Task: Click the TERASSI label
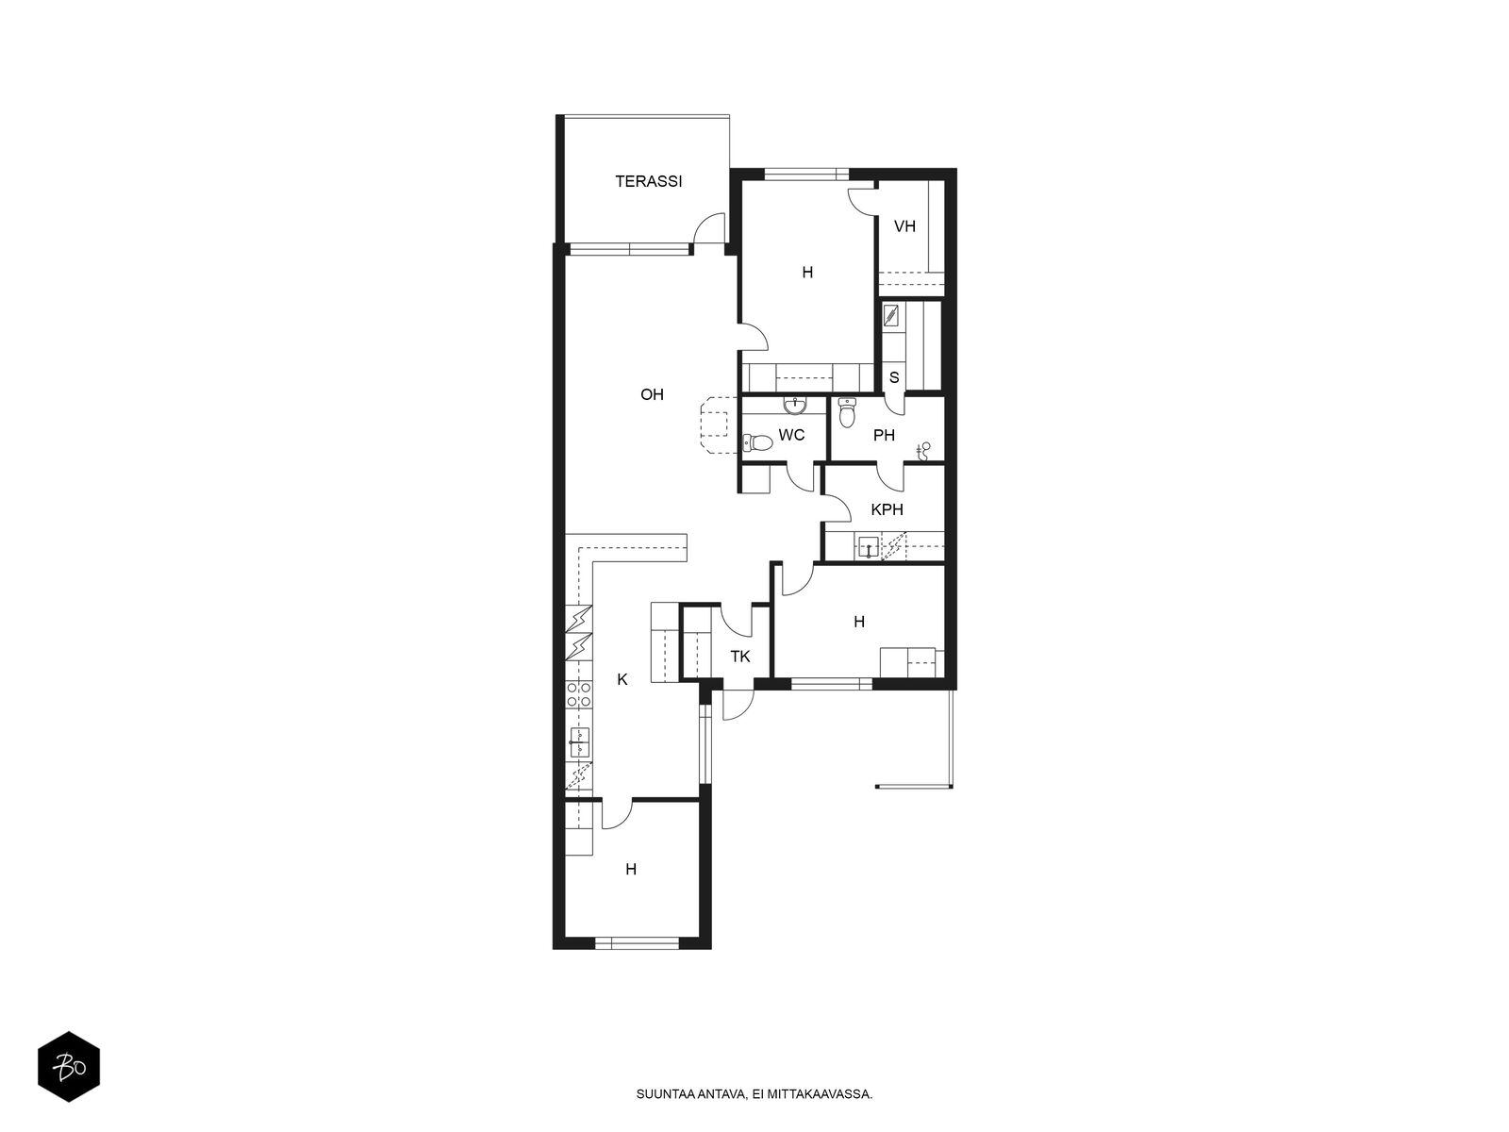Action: [648, 181]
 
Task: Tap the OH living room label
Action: [652, 394]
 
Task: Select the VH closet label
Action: [904, 226]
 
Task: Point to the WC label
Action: [791, 435]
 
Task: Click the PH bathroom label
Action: [884, 435]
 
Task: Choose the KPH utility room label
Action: [887, 509]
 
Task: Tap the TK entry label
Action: [740, 657]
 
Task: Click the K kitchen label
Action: [622, 679]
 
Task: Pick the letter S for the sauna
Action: [894, 377]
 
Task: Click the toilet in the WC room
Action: [757, 442]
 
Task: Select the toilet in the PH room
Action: [847, 411]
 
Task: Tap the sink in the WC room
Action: [795, 406]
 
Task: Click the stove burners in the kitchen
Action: [579, 694]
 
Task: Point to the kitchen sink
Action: [579, 743]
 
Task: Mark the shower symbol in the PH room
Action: [924, 451]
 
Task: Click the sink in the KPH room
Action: [869, 548]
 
